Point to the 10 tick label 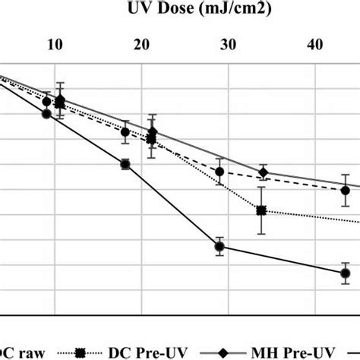(x=55, y=45)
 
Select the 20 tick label (x=141, y=45)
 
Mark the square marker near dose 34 (x=261, y=210)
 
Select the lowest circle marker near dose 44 (x=345, y=273)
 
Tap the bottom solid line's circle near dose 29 (x=219, y=247)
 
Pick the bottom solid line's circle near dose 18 (x=125, y=164)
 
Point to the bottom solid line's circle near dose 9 (x=46, y=114)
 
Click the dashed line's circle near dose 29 (x=219, y=172)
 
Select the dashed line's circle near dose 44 (x=345, y=190)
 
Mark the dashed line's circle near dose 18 (x=126, y=132)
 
